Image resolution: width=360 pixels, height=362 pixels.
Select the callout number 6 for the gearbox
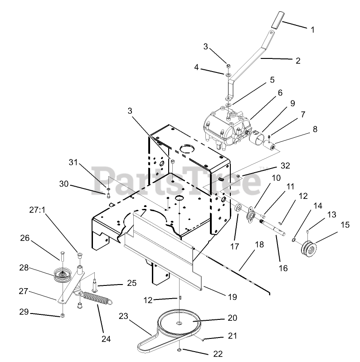(x=280, y=92)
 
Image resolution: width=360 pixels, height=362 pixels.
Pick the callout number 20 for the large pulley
(x=232, y=318)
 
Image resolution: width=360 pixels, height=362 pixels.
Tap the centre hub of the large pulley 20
(x=180, y=323)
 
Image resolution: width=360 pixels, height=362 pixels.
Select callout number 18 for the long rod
(x=259, y=244)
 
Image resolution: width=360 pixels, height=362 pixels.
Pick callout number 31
(x=73, y=162)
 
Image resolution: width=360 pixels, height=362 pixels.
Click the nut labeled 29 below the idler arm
(x=63, y=315)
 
